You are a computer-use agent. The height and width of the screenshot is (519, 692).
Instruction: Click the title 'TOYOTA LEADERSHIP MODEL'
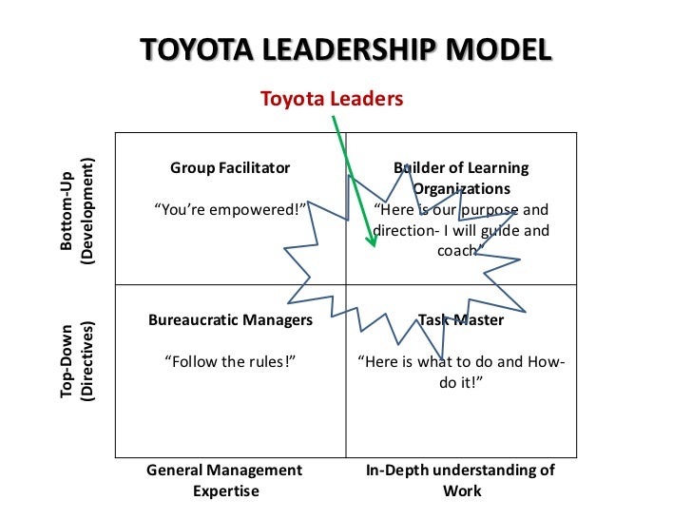click(345, 50)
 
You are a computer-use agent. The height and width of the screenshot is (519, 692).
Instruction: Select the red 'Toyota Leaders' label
click(332, 98)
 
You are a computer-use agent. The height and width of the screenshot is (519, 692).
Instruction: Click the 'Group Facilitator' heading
click(230, 167)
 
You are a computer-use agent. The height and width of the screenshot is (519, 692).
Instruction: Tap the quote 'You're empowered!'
click(231, 209)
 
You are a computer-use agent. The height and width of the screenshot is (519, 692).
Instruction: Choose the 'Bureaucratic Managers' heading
click(230, 319)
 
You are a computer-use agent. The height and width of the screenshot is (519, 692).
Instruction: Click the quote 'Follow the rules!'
click(230, 361)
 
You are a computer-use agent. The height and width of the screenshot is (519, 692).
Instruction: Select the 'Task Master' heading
click(461, 319)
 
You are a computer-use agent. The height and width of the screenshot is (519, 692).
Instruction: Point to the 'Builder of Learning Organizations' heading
click(461, 179)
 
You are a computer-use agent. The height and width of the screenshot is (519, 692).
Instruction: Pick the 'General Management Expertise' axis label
click(224, 480)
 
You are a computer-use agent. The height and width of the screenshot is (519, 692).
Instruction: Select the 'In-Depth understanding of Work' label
click(461, 480)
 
